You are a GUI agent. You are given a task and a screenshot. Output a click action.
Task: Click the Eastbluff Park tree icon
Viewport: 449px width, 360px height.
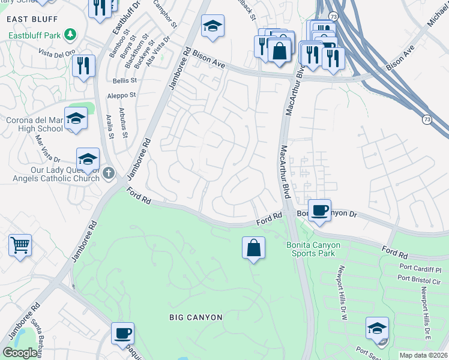pos(71,35)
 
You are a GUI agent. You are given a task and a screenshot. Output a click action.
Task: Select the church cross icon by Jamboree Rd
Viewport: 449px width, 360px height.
pos(108,173)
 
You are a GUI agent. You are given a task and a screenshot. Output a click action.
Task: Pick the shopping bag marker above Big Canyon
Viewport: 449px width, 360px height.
pos(254,248)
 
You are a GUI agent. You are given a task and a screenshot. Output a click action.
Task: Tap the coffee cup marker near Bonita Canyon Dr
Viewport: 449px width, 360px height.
pos(319,211)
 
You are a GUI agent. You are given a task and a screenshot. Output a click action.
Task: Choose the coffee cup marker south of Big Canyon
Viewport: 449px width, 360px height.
pos(122,334)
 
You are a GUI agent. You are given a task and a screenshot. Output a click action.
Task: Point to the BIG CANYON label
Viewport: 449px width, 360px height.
pos(196,317)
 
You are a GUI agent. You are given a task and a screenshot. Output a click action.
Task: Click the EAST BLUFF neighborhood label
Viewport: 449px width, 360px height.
pos(27,19)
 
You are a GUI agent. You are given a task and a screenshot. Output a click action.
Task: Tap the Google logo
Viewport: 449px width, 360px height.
pos(20,353)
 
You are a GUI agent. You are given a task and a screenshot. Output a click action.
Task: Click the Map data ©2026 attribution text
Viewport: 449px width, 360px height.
pos(423,355)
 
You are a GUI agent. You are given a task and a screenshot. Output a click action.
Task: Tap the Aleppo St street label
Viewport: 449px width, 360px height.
pos(121,95)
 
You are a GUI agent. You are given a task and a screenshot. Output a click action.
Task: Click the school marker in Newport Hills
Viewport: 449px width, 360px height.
pos(377,329)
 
